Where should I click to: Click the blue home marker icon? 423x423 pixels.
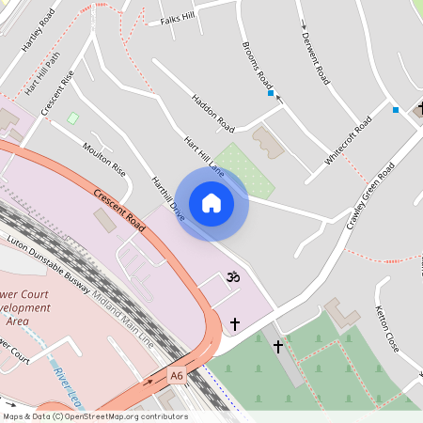tap(211, 203)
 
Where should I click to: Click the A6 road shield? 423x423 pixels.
tap(177, 376)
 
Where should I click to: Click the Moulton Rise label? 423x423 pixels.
tap(103, 160)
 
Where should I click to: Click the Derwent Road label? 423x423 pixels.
tap(315, 55)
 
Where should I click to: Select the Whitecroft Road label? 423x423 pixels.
tap(349, 140)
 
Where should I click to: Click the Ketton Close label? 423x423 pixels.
tap(387, 329)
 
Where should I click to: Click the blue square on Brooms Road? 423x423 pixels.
tap(271, 93)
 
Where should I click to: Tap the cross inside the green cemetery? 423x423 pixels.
tap(277, 347)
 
